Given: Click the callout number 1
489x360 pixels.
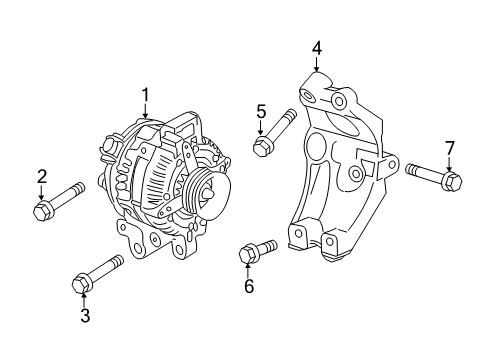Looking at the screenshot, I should [x=145, y=95].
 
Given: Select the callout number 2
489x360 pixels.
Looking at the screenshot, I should [x=41, y=177].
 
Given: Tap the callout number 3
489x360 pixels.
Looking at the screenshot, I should [x=85, y=316].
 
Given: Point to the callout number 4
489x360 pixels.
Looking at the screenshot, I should [x=316, y=47].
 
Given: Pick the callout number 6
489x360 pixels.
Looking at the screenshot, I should [x=249, y=287].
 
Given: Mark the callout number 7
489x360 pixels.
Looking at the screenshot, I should [x=449, y=148].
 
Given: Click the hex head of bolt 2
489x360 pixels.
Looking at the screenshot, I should [x=44, y=210].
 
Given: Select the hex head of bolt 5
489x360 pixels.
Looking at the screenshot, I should [x=263, y=147].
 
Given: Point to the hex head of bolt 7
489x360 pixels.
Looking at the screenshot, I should [x=450, y=182].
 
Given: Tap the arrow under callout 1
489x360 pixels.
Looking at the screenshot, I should [x=146, y=113].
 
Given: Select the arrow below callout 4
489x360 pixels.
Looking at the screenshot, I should [x=316, y=65].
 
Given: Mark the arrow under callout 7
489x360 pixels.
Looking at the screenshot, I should [x=449, y=165].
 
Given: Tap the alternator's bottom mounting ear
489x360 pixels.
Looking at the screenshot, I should [x=139, y=243].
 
